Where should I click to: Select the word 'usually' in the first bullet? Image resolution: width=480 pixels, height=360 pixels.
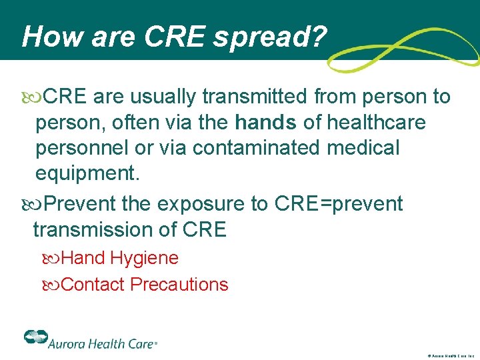tap(164, 97)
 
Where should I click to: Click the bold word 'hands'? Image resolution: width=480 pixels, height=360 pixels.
tap(266, 123)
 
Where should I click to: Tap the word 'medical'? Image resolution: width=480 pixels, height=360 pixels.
tap(363, 148)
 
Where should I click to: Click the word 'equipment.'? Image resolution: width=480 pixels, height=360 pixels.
tap(88, 173)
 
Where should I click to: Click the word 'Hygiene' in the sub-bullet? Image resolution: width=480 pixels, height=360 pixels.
tap(145, 258)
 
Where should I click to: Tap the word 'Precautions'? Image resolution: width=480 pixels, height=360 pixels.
tap(179, 285)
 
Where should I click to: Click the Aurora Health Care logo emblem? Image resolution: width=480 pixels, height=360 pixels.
tap(34, 337)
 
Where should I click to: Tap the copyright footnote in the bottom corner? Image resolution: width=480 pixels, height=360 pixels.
tap(450, 356)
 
